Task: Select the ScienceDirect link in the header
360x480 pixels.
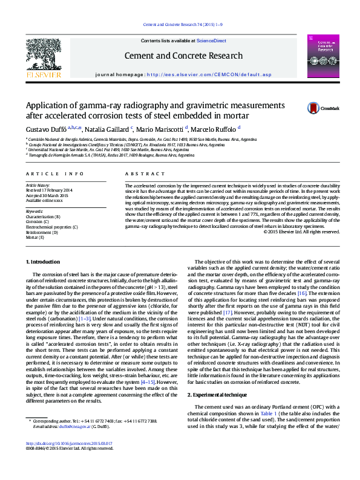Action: click(x=212, y=41)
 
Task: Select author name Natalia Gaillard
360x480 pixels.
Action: click(x=106, y=129)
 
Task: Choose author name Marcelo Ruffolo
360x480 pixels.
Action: click(x=215, y=129)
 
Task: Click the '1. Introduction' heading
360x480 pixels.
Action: click(x=44, y=261)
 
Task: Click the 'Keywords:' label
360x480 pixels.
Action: click(x=35, y=212)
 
